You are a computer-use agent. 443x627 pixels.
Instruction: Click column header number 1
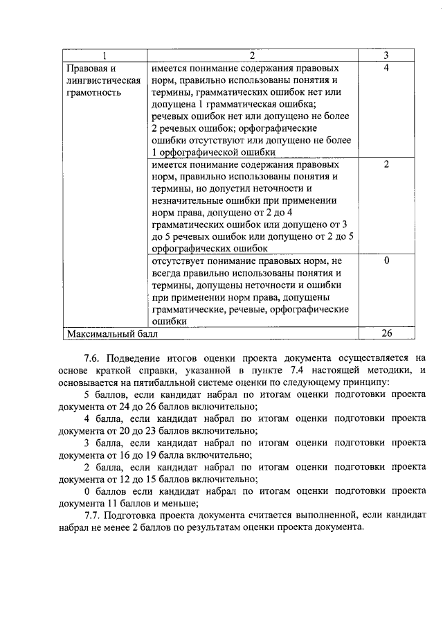click(104, 55)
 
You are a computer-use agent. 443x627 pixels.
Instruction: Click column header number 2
click(253, 55)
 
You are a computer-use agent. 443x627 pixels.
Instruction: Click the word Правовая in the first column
click(86, 69)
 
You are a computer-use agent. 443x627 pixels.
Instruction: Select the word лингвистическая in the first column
click(99, 80)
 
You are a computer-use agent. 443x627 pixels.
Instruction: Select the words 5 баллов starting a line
click(103, 394)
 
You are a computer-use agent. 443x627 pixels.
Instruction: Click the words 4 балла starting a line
click(101, 418)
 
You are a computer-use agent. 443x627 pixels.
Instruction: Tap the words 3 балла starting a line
click(101, 442)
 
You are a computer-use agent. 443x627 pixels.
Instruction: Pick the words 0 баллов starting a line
click(103, 491)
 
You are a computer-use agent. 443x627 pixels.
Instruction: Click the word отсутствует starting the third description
click(177, 260)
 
